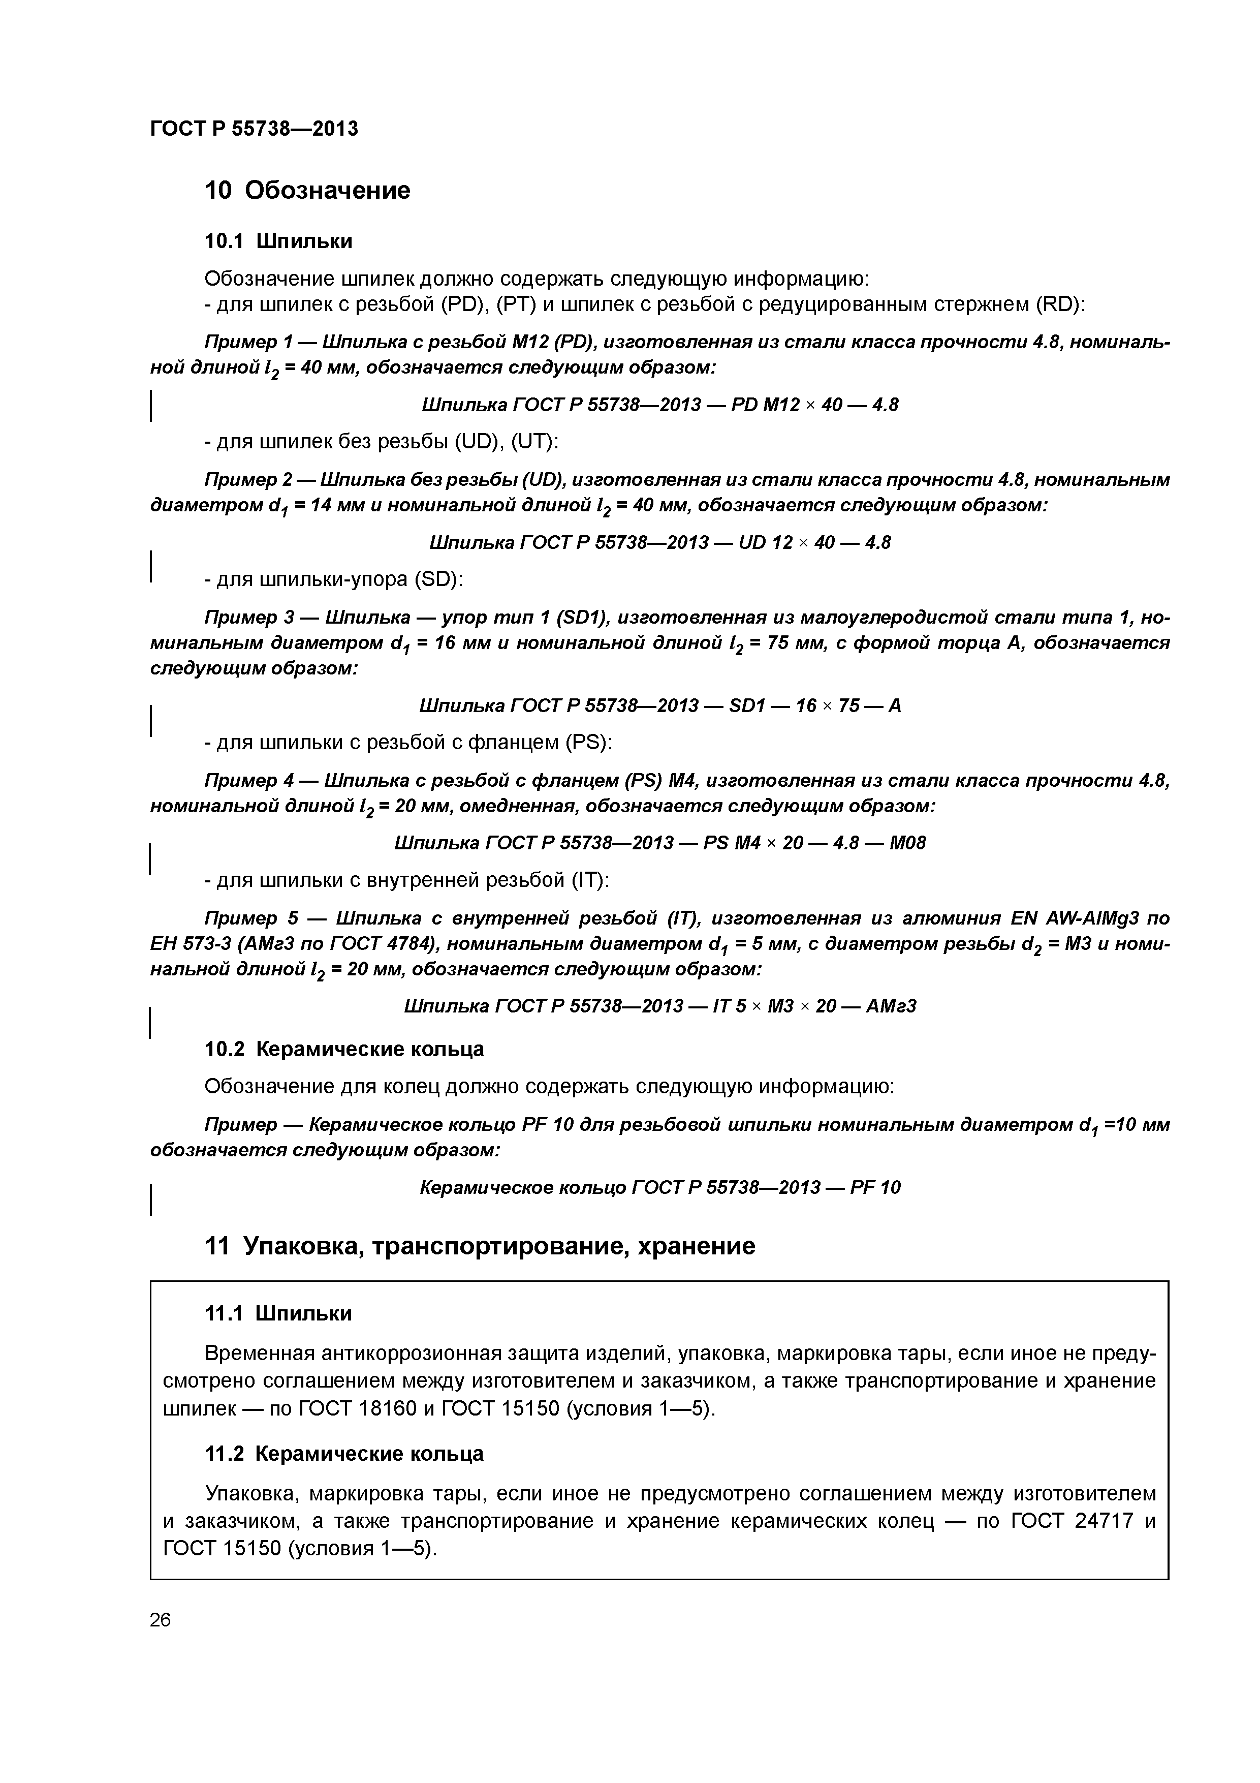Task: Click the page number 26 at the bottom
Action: click(160, 1620)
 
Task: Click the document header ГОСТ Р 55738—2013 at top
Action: click(254, 128)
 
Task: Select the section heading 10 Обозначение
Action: click(307, 190)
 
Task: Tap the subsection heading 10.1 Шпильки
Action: click(278, 241)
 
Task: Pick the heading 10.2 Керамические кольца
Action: click(344, 1049)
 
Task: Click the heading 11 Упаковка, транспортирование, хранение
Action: click(479, 1246)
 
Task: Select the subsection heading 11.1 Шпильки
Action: click(278, 1314)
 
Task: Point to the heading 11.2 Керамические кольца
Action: click(344, 1454)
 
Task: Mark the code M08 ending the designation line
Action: click(907, 843)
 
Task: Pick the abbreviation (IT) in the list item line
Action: click(590, 881)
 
